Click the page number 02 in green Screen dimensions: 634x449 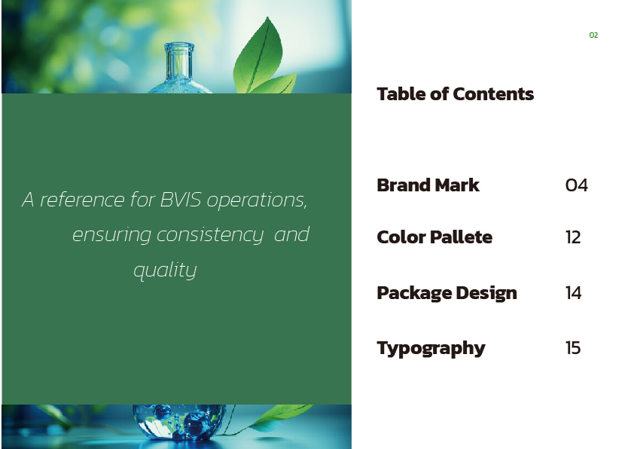coord(593,35)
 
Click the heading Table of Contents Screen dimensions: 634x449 coord(456,94)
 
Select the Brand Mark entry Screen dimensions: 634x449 coord(428,185)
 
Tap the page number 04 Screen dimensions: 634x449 coord(577,185)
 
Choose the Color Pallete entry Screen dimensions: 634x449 coord(434,237)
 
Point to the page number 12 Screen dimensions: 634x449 coord(573,237)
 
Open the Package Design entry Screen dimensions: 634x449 coord(447,293)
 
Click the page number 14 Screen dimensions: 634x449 coord(573,293)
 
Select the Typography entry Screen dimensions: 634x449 coord(431,349)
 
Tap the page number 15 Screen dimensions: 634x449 coord(573,348)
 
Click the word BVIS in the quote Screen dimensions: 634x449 coord(181,200)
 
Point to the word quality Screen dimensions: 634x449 coord(165,270)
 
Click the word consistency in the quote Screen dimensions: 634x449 coord(210,235)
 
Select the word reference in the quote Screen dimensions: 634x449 coord(82,200)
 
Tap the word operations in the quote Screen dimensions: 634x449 coord(258,200)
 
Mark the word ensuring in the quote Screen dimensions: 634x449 coord(111,235)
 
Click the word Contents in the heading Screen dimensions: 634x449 coord(494,94)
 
